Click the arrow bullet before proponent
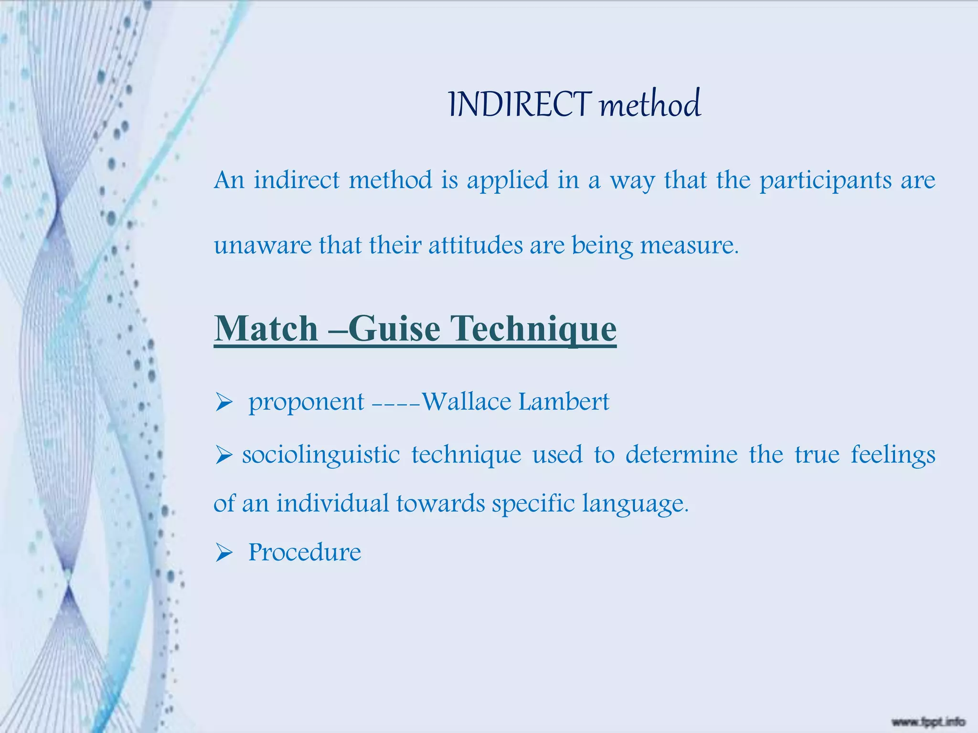click(x=223, y=402)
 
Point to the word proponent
click(x=306, y=402)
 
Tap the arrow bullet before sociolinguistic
click(x=223, y=454)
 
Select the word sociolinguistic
click(x=321, y=455)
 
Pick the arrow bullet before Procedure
click(x=223, y=553)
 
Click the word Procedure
click(x=305, y=553)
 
